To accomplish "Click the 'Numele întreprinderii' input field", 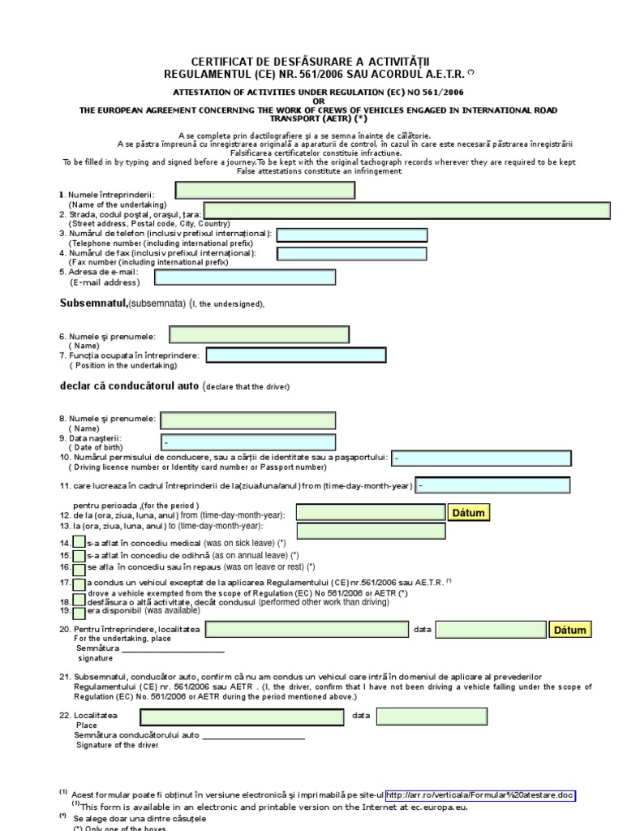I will click(265, 191).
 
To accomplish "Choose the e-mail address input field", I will click(245, 278).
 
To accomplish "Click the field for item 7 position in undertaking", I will click(296, 355).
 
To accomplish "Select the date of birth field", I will click(247, 442).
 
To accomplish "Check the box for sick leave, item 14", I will click(79, 542).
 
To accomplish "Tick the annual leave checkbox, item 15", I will click(79, 556).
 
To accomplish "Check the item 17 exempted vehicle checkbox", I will click(79, 584).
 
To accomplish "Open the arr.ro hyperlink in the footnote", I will click(480, 796).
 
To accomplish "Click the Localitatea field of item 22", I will click(242, 717).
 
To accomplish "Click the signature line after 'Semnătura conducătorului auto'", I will click(253, 736).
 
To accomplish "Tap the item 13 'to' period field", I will click(371, 531).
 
